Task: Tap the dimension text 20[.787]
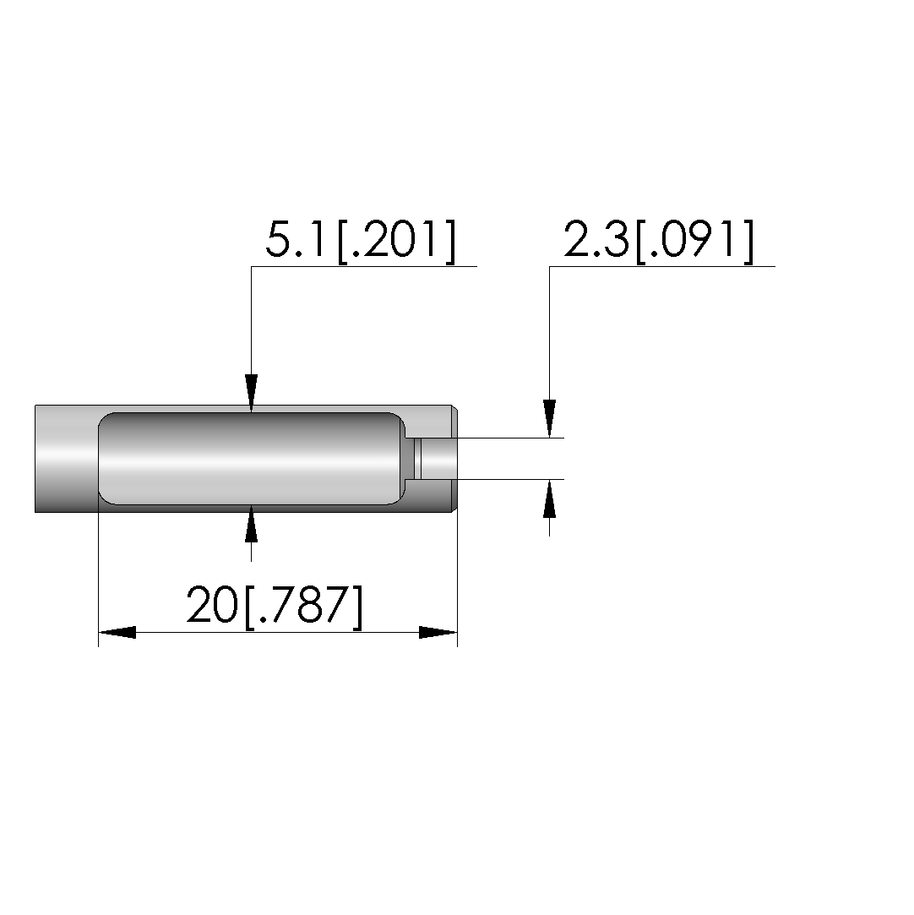pos(275,607)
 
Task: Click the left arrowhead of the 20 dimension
pos(117,632)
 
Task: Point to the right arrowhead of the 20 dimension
pos(438,632)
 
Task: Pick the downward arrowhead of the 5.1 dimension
pos(252,394)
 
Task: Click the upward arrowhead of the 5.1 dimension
pos(252,524)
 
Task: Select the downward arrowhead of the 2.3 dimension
pos(549,418)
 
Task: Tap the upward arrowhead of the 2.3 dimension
pos(549,498)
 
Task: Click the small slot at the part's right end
pos(435,459)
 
